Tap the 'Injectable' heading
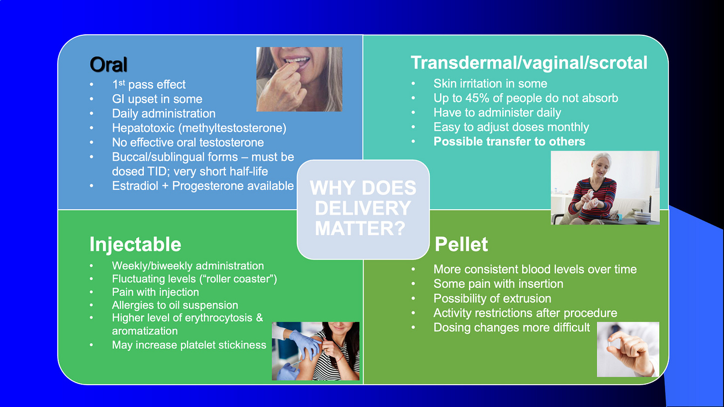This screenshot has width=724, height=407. pyautogui.click(x=135, y=244)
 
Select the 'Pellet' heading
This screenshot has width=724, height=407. pyautogui.click(x=461, y=244)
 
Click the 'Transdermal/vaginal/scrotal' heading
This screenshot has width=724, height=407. pyautogui.click(x=529, y=63)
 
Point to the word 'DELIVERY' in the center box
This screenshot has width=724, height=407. pyautogui.click(x=362, y=208)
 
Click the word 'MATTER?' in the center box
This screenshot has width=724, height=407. pyautogui.click(x=360, y=229)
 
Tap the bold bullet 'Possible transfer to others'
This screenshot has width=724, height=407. pyautogui.click(x=509, y=142)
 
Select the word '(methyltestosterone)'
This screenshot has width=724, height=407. pyautogui.click(x=232, y=128)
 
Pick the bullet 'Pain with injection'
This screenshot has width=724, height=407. pyautogui.click(x=155, y=292)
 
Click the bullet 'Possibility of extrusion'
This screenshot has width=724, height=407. pyautogui.click(x=492, y=299)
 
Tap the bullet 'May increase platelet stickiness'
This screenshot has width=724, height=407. pyautogui.click(x=189, y=345)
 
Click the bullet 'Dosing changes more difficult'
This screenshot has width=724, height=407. pyautogui.click(x=512, y=327)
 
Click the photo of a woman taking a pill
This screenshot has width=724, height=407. pyautogui.click(x=299, y=79)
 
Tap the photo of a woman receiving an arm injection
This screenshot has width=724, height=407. pyautogui.click(x=315, y=351)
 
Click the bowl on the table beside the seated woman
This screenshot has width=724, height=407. pyautogui.click(x=641, y=217)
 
